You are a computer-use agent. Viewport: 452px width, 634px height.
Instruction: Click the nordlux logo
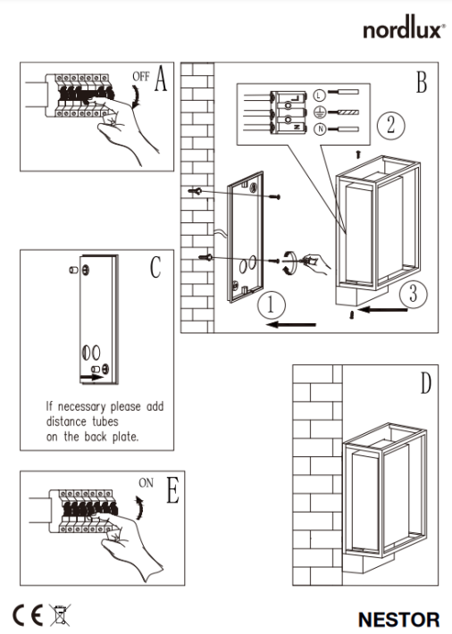click(x=403, y=29)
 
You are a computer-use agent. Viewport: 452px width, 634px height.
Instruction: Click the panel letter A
click(x=160, y=80)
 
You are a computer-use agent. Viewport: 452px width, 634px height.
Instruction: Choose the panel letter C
click(x=155, y=266)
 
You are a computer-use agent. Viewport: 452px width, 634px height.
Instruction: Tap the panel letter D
click(x=425, y=385)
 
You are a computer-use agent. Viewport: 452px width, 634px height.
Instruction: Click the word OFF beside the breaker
click(x=140, y=78)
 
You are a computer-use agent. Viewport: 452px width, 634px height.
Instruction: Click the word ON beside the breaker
click(x=146, y=482)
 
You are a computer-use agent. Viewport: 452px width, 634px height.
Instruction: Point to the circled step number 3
click(x=407, y=291)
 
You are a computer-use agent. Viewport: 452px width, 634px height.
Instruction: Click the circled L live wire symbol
click(x=319, y=93)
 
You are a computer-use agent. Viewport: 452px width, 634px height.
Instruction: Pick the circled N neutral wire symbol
click(x=319, y=130)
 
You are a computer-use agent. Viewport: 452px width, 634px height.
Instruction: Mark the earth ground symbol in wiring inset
click(x=319, y=112)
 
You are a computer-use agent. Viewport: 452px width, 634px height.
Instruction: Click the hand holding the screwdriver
click(x=315, y=262)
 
